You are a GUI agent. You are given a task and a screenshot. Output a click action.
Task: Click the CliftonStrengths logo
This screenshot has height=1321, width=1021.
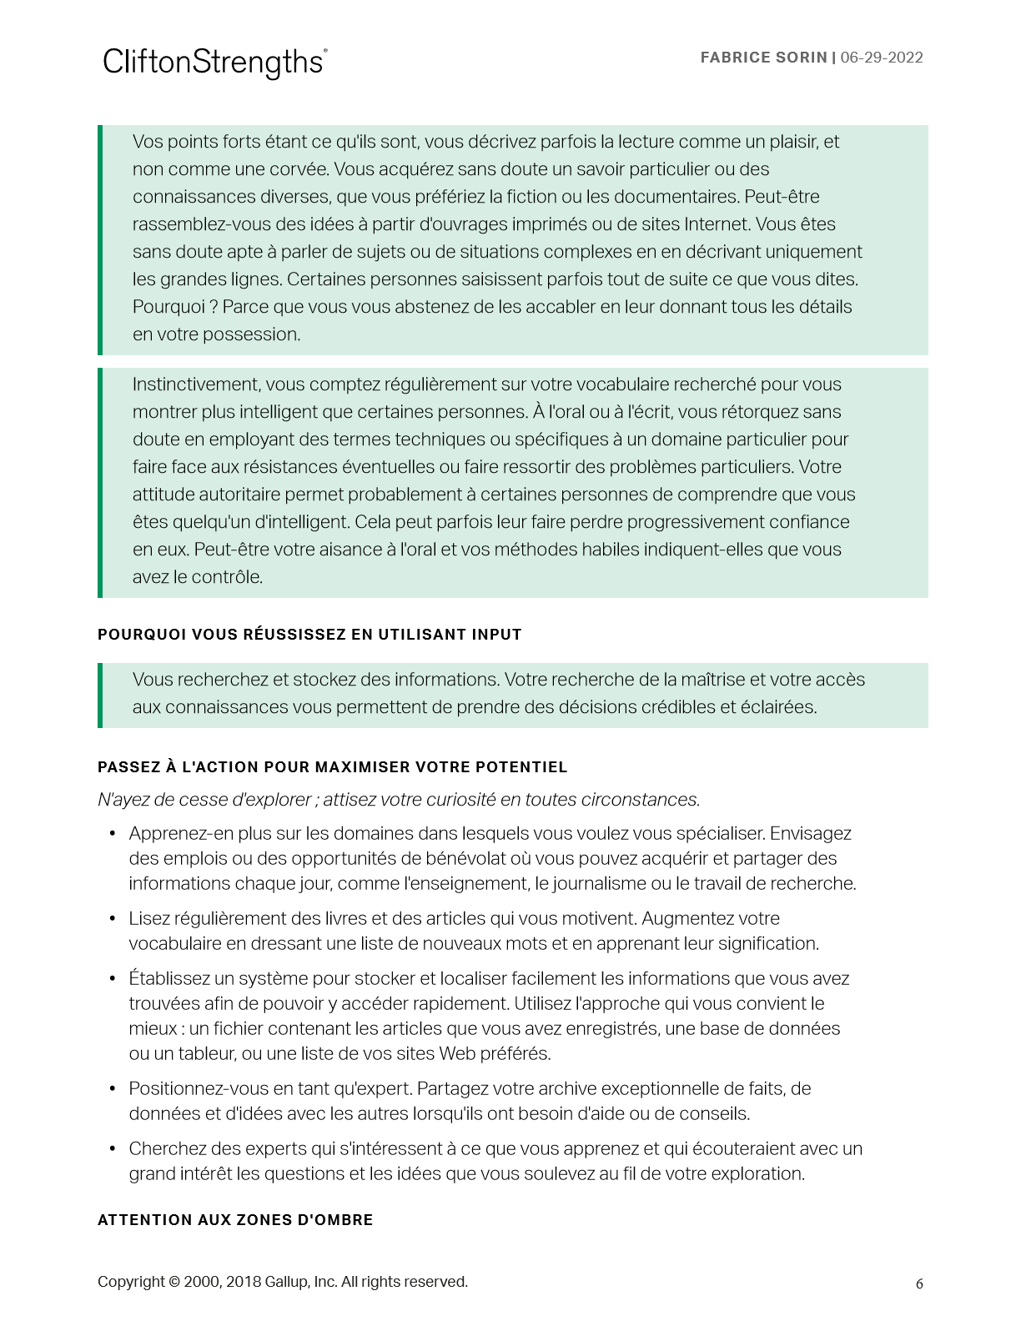coord(214,63)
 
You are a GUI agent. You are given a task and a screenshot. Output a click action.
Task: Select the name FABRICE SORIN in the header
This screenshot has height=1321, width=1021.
coord(763,58)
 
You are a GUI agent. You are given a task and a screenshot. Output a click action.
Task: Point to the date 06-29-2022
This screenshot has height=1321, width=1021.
coord(882,58)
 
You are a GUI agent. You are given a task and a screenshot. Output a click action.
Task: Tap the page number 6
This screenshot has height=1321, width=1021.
coord(919,1283)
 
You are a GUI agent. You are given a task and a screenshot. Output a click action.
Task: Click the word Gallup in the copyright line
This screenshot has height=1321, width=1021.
coord(287,1282)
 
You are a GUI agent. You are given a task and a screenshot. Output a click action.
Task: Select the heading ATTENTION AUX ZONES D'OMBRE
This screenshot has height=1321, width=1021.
coord(235,1220)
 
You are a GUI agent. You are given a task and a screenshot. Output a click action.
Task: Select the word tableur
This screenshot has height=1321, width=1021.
coord(207,1054)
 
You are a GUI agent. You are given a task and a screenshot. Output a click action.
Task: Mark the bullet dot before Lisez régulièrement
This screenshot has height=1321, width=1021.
coord(113,919)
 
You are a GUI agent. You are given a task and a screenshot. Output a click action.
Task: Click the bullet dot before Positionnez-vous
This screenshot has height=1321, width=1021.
coord(113,1089)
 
